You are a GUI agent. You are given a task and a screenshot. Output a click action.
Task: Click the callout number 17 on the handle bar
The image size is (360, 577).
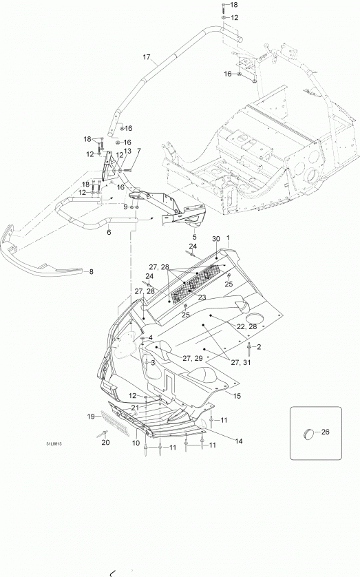tap(147, 57)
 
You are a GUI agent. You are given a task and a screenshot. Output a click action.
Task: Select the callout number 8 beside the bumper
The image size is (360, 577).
tap(91, 271)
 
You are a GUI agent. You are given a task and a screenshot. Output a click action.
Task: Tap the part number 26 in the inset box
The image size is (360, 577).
tap(326, 432)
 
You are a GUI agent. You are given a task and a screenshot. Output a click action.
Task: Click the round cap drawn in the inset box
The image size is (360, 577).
tap(309, 434)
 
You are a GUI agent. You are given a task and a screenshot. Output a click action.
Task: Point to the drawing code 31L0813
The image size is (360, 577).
tap(54, 444)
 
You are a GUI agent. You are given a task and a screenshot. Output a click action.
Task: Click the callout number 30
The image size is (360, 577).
tap(216, 239)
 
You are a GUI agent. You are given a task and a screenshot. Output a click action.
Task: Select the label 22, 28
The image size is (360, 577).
tap(246, 327)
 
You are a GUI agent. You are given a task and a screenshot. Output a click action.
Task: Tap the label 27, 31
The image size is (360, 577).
tap(241, 362)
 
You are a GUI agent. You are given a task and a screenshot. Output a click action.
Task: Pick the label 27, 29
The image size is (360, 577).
tap(192, 358)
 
